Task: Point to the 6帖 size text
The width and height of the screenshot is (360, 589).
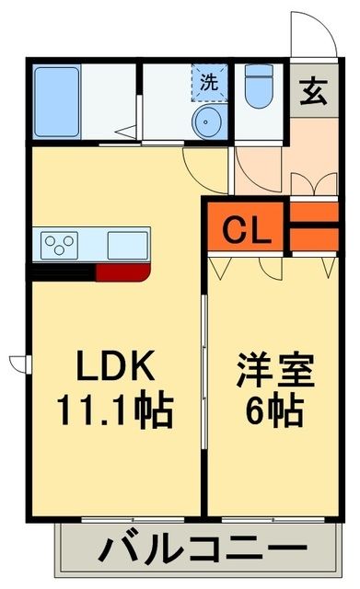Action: [272, 410]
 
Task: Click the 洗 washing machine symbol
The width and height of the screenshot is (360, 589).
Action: [211, 80]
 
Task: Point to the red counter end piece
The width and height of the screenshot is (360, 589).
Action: [122, 271]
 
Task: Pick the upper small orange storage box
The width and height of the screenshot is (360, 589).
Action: [315, 213]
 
